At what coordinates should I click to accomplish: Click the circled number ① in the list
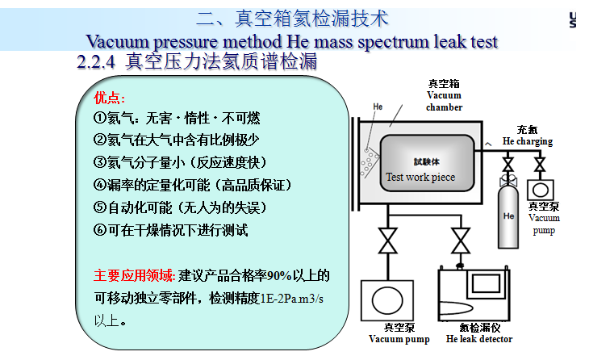coord(100,119)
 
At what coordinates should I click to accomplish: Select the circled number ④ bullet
coord(100,186)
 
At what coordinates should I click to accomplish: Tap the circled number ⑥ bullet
coord(100,230)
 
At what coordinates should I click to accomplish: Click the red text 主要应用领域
coord(133,275)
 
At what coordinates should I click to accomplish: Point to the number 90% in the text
coord(279,276)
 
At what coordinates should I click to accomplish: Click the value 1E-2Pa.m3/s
coord(291,299)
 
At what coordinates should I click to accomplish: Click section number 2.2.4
coord(96,61)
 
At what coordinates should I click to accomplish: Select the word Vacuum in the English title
coord(118,41)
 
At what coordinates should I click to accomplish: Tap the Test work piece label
coord(420,177)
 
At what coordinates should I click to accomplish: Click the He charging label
coord(528,141)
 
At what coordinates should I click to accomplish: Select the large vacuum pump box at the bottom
coord(387,300)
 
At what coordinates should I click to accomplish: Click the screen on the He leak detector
coord(486,283)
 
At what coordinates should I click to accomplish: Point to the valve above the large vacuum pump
coord(387,241)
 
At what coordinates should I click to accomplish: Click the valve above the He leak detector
coord(461,241)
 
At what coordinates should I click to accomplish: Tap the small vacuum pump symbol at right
coord(540,190)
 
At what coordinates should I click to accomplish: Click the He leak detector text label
coord(479,339)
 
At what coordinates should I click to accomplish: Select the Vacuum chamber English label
coord(444,101)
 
